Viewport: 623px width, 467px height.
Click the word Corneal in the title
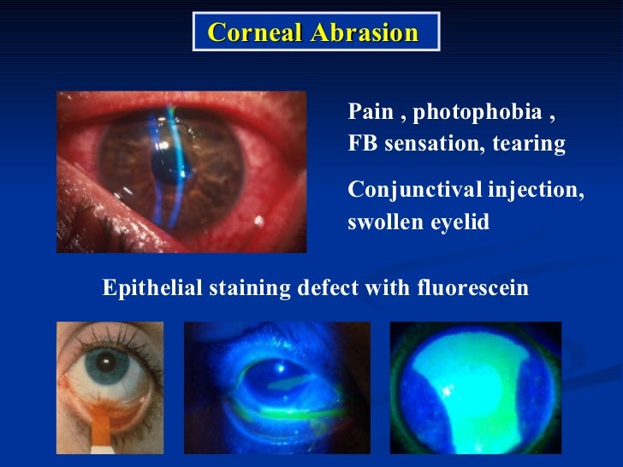click(x=249, y=33)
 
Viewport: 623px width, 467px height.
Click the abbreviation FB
click(x=362, y=144)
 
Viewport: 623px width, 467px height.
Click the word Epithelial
click(x=152, y=289)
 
